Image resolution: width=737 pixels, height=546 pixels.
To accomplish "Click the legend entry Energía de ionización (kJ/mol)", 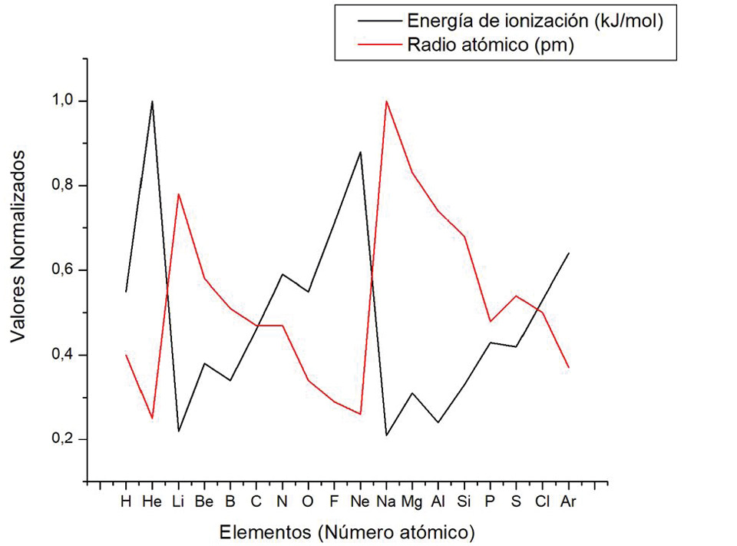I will point(534,19).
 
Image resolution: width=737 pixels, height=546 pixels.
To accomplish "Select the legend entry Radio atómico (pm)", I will point(491,45).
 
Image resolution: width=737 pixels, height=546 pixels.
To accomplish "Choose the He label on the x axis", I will point(152,502).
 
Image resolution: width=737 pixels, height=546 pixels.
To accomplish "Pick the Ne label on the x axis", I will point(360,502).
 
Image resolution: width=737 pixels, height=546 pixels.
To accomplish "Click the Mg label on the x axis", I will point(412,502).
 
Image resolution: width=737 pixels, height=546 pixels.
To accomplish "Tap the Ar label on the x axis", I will point(568,502).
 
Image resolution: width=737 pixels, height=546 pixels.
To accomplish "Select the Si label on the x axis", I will point(464,502).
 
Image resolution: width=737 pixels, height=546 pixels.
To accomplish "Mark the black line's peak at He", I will point(152,101).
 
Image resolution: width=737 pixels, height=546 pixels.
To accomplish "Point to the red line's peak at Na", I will point(386,101).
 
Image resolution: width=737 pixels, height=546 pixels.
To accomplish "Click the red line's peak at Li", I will point(178,194).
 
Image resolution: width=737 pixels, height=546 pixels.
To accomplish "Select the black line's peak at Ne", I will point(360,152).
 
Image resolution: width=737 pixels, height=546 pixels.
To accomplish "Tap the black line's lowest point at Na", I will point(386,435).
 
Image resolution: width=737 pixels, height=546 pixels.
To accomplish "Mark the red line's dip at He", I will point(152,418).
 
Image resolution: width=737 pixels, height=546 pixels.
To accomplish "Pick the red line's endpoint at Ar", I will point(568,368).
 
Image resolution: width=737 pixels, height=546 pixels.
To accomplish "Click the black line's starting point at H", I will point(126,292).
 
